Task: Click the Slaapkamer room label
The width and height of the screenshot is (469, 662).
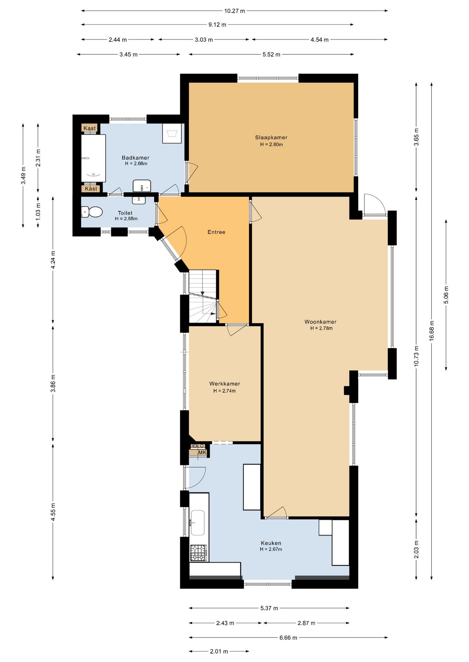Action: point(271,137)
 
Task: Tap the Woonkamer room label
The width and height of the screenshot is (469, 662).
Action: point(320,322)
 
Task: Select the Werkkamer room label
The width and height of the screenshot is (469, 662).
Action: point(224,384)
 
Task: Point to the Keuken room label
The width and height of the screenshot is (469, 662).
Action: point(271,543)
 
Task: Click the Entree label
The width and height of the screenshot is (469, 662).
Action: point(217,232)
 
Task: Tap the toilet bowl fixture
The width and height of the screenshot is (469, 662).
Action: point(92,212)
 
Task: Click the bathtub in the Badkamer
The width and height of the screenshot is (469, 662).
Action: point(93,158)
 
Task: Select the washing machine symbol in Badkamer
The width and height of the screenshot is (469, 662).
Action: point(172,133)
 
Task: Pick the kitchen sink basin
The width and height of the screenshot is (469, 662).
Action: point(197,523)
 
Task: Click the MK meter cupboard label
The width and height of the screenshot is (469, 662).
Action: point(202,452)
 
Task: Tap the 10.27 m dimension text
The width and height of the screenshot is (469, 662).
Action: point(234,11)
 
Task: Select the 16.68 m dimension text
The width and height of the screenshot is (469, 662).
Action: point(432,331)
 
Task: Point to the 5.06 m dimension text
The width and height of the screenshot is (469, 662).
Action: point(446,295)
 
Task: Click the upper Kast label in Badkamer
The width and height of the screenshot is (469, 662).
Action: point(90,128)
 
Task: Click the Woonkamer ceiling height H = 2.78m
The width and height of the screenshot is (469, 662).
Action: point(321,328)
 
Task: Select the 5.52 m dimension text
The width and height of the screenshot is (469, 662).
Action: point(271,54)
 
